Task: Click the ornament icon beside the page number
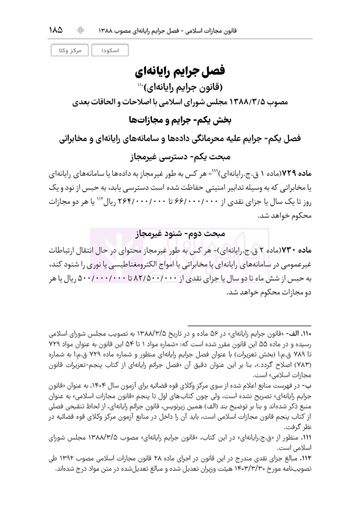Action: pyautogui.click(x=82, y=29)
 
